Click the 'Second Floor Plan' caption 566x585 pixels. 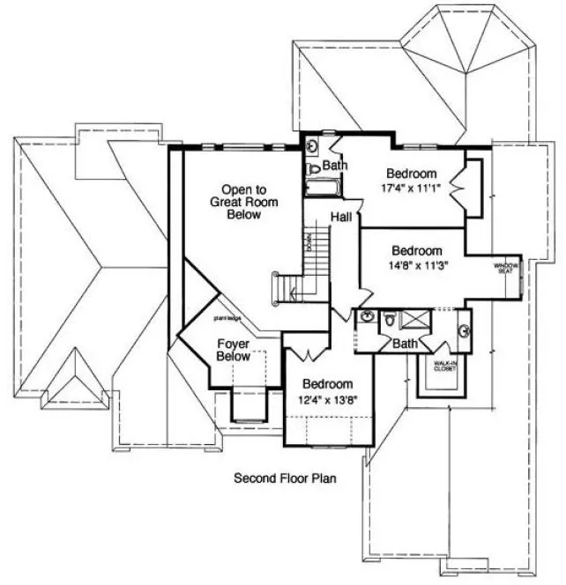tap(286, 479)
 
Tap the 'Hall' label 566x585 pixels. tap(342, 217)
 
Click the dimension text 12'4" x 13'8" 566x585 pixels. tap(328, 402)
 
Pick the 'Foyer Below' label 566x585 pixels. tap(233, 351)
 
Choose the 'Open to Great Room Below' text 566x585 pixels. tap(249, 202)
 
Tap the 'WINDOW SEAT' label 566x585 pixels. tap(505, 268)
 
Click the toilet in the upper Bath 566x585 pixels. tap(312, 168)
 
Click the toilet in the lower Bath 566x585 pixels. tap(387, 324)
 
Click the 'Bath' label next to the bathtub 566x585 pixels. tap(333, 166)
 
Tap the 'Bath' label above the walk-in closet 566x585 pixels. tap(405, 344)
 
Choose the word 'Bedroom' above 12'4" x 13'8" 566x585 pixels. tap(328, 385)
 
